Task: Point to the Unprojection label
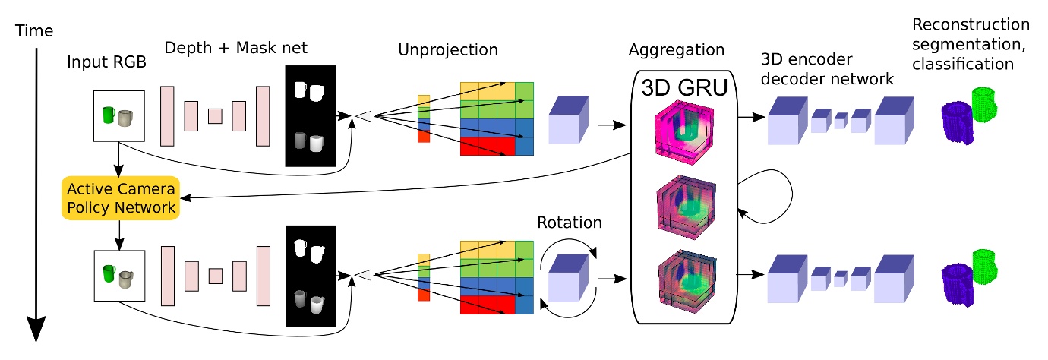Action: click(x=448, y=51)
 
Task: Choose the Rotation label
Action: click(x=570, y=223)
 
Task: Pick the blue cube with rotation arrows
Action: click(x=570, y=276)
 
